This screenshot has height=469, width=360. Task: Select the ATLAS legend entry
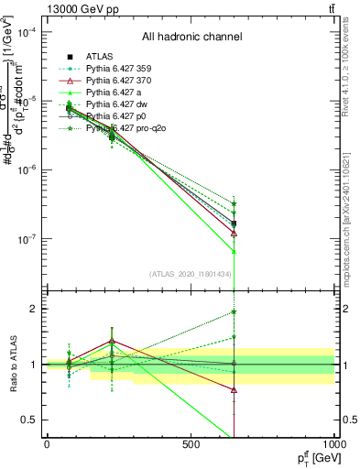point(99,56)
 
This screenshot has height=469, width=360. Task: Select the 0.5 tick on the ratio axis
point(29,420)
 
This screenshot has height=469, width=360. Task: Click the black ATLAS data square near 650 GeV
point(234,224)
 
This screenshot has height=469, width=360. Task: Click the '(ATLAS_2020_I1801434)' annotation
point(191,274)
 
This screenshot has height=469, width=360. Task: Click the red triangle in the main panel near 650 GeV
point(234,233)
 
